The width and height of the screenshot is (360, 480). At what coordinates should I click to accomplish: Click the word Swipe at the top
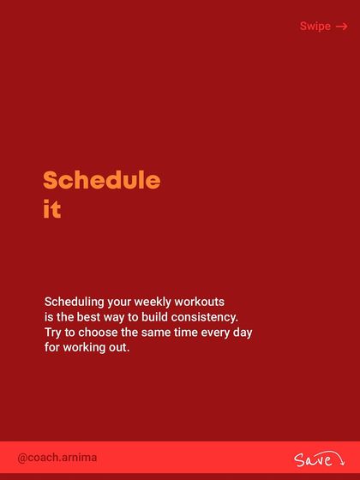pyautogui.click(x=315, y=27)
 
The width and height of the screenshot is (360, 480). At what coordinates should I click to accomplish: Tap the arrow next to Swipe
pyautogui.click(x=342, y=27)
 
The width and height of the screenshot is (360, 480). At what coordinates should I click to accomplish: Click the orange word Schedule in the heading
pyautogui.click(x=101, y=181)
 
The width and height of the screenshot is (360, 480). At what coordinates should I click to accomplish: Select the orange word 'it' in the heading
pyautogui.click(x=52, y=209)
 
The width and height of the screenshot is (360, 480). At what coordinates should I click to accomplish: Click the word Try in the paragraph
pyautogui.click(x=53, y=333)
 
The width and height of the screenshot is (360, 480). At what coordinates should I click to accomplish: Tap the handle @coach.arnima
pyautogui.click(x=57, y=458)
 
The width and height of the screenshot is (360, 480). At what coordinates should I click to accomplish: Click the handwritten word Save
pyautogui.click(x=312, y=460)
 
